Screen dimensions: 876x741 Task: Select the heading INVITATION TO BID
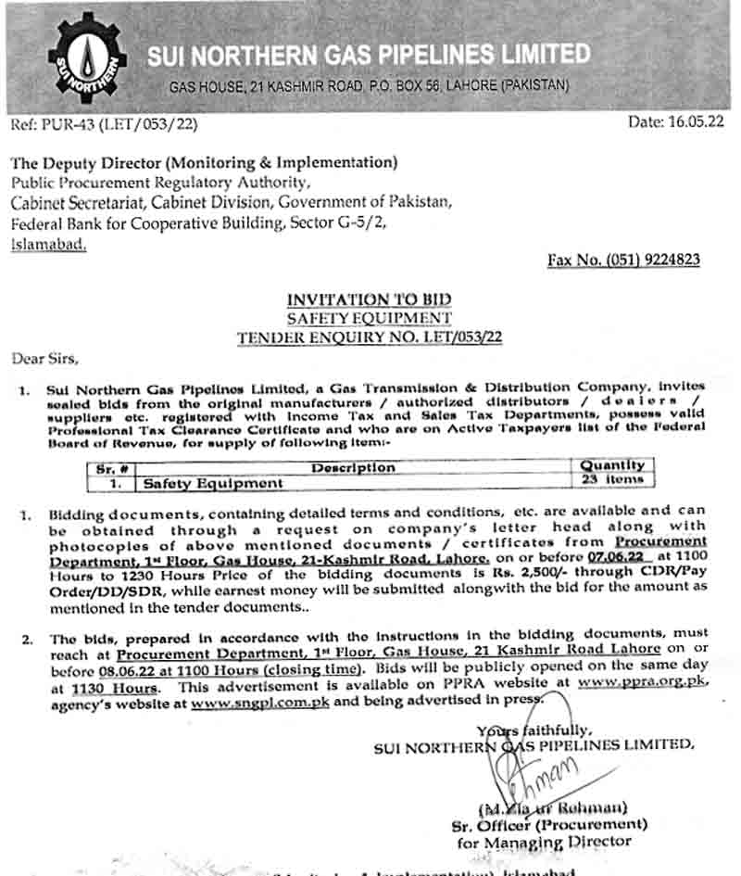(x=369, y=299)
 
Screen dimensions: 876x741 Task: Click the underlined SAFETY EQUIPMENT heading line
(x=369, y=318)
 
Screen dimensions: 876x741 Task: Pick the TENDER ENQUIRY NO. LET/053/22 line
(x=369, y=337)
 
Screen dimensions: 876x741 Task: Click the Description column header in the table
(x=353, y=467)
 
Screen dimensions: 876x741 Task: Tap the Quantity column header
(x=612, y=465)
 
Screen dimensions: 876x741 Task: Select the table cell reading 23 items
(x=611, y=480)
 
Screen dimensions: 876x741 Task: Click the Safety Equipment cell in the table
(x=211, y=483)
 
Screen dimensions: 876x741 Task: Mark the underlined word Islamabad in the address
(x=49, y=244)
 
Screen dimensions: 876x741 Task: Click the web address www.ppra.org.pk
(x=642, y=682)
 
